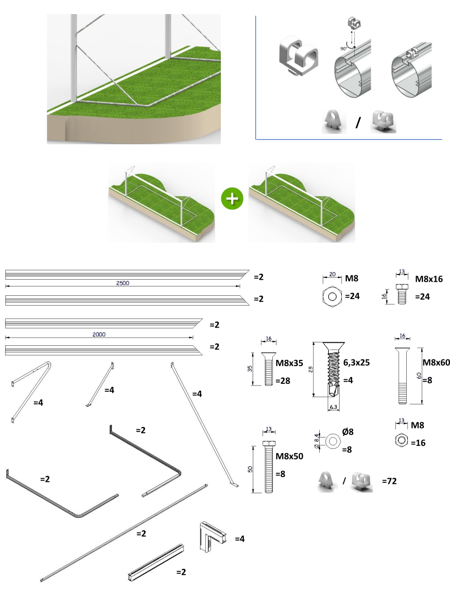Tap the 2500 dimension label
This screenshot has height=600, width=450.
pyautogui.click(x=123, y=283)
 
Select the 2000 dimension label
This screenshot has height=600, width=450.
pyautogui.click(x=99, y=335)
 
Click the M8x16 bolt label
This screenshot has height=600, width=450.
pyautogui.click(x=429, y=279)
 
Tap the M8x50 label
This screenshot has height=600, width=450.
pyautogui.click(x=289, y=456)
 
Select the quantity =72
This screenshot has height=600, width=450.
pyautogui.click(x=389, y=481)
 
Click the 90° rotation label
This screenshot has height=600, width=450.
pyautogui.click(x=343, y=48)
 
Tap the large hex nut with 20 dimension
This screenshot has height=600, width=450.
pyautogui.click(x=331, y=297)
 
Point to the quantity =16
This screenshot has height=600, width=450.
pyautogui.click(x=418, y=443)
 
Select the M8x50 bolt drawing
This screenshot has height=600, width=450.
pyautogui.click(x=269, y=468)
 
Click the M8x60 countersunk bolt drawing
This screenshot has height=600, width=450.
pyautogui.click(x=402, y=375)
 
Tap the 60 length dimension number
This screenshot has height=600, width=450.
pyautogui.click(x=419, y=375)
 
